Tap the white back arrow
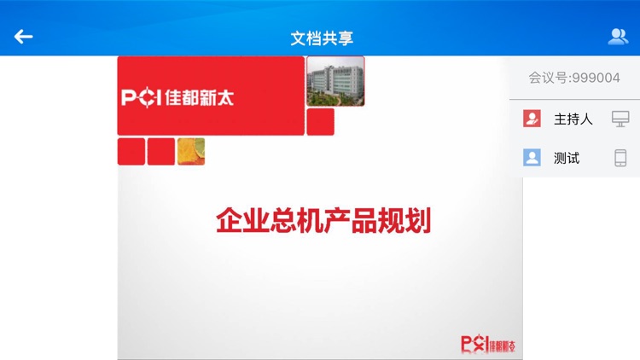point(23,37)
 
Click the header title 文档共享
point(322,38)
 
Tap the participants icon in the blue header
point(618,37)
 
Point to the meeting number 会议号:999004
point(573,78)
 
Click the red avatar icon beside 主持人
point(532,119)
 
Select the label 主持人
point(573,119)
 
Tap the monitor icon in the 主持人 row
point(620,119)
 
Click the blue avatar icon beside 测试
point(532,158)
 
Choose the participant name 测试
point(567,158)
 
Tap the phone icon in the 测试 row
point(620,158)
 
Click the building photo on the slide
point(335,81)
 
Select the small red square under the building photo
point(320,122)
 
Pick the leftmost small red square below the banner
point(131,152)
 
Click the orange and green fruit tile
point(191,152)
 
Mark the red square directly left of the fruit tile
point(160,152)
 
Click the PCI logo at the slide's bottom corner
point(488,345)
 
